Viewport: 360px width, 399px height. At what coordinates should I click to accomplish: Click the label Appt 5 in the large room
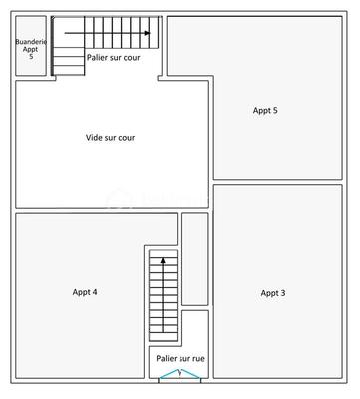tap(265, 110)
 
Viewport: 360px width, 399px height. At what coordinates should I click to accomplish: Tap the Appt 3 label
tap(273, 293)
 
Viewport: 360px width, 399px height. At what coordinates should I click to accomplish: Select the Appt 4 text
tap(85, 292)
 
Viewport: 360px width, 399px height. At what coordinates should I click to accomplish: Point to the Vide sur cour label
tap(110, 138)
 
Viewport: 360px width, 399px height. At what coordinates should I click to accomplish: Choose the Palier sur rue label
tap(179, 357)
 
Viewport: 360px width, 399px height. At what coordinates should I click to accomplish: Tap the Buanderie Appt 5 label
tap(30, 49)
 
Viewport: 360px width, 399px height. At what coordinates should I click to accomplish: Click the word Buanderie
tap(30, 42)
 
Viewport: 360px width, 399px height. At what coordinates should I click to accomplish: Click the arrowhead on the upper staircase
tap(148, 33)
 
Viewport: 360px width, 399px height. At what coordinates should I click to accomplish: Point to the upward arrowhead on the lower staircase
tap(157, 260)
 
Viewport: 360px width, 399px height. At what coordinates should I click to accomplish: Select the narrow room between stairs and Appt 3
tap(195, 259)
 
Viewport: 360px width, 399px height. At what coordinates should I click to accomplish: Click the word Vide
tap(95, 138)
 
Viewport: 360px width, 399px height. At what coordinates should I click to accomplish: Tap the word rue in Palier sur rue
tap(193, 357)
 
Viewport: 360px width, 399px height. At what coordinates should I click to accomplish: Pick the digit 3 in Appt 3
tap(283, 293)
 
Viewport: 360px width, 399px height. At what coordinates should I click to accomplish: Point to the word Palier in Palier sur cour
tap(99, 58)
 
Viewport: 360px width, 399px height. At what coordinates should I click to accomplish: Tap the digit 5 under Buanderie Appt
tap(30, 57)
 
